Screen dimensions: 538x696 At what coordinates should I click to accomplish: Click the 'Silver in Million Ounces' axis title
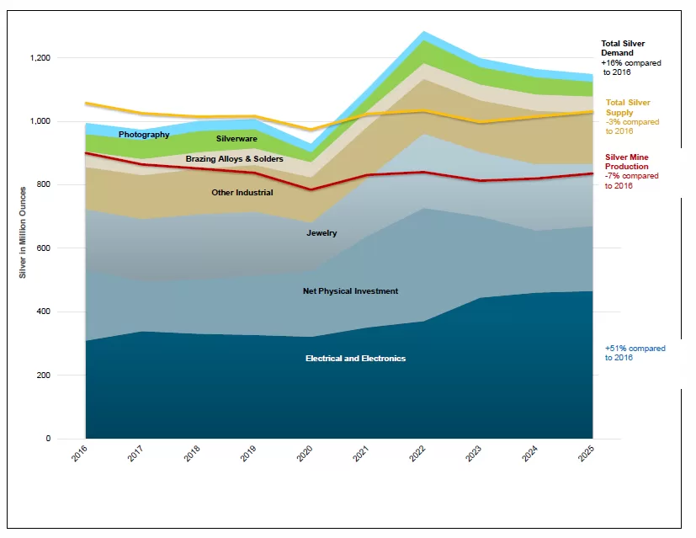pos(24,232)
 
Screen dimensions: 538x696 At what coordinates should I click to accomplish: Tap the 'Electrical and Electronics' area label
pos(355,359)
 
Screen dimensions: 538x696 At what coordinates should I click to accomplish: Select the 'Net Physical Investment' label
pos(350,291)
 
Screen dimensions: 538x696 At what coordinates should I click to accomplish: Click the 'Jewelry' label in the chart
pos(321,233)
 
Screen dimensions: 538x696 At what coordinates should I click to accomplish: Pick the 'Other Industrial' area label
pos(242,193)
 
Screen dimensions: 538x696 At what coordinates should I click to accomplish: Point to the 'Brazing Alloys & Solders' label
pos(234,159)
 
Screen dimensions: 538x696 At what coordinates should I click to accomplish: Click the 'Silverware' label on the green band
pos(236,139)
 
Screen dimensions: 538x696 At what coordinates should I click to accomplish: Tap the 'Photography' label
pos(144,135)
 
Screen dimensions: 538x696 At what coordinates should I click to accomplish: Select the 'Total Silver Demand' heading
pos(623,48)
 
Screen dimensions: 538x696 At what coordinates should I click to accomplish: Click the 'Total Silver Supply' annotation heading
pos(628,108)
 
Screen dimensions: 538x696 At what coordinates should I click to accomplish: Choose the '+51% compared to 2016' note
pos(635,353)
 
